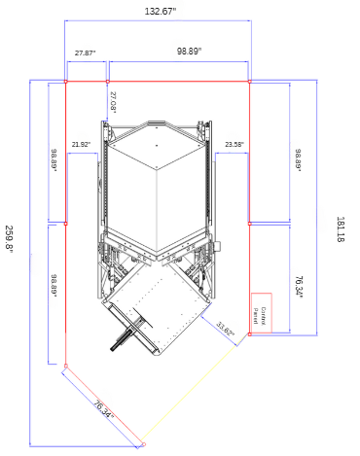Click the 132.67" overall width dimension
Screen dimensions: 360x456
click(x=161, y=12)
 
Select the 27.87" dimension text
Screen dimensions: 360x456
click(x=86, y=53)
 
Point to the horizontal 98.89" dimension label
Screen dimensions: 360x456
click(x=189, y=51)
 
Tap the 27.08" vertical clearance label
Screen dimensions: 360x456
click(x=113, y=102)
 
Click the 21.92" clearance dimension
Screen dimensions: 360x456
click(x=81, y=144)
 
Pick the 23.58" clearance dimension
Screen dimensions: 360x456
click(x=234, y=144)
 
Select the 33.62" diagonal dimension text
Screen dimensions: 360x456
click(x=225, y=329)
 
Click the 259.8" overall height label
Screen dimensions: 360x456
click(x=9, y=237)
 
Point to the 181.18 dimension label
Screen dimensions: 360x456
click(x=340, y=229)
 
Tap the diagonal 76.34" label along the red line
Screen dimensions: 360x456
click(x=103, y=409)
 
